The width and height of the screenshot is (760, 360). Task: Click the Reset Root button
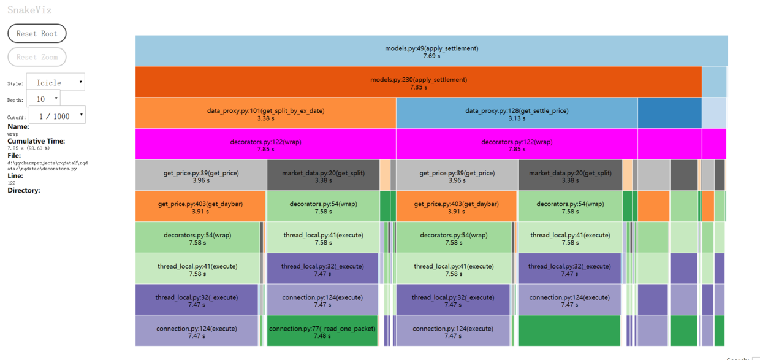tap(37, 33)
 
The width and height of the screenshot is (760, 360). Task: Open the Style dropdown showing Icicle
tap(56, 82)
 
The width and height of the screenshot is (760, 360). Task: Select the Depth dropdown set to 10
tap(44, 99)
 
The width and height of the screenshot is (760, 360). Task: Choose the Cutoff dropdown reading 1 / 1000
tap(58, 115)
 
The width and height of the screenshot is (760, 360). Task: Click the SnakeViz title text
tap(29, 10)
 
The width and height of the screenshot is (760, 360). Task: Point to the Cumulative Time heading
tap(36, 141)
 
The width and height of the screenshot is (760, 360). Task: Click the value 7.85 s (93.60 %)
tap(28, 148)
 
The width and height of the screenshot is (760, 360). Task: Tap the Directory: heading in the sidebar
tap(24, 190)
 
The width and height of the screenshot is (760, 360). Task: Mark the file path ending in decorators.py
tap(48, 166)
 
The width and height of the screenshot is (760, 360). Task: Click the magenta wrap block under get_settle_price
tap(517, 144)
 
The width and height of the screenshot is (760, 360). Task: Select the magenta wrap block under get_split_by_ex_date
tap(265, 144)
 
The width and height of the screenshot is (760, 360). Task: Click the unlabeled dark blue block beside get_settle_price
tap(670, 113)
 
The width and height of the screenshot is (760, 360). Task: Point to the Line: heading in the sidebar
tap(15, 176)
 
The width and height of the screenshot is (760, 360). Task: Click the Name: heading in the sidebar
tap(18, 127)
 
